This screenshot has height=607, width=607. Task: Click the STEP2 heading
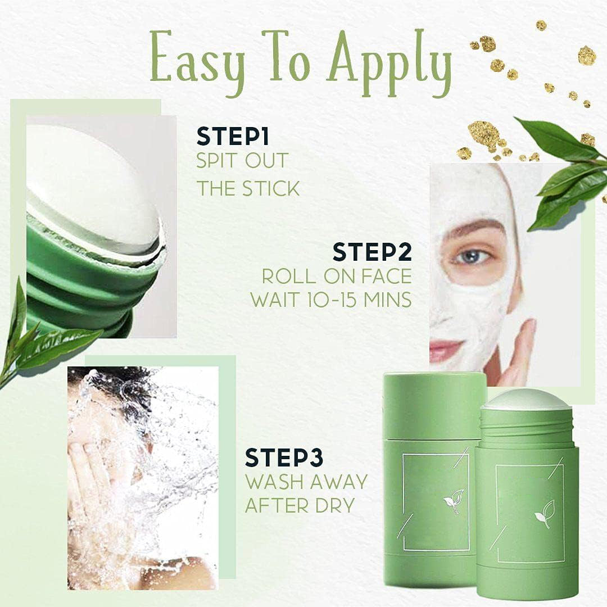(x=372, y=251)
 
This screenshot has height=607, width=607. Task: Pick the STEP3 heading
(x=284, y=457)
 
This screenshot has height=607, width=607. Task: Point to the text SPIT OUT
(x=242, y=161)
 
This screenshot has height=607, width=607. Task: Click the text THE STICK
(x=247, y=188)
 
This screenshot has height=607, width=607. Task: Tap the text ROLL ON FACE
(x=336, y=276)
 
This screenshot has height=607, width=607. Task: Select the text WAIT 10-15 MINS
(x=331, y=300)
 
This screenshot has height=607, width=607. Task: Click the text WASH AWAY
(x=306, y=482)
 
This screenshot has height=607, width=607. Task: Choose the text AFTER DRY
(x=300, y=505)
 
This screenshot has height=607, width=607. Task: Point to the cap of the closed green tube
(x=434, y=405)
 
